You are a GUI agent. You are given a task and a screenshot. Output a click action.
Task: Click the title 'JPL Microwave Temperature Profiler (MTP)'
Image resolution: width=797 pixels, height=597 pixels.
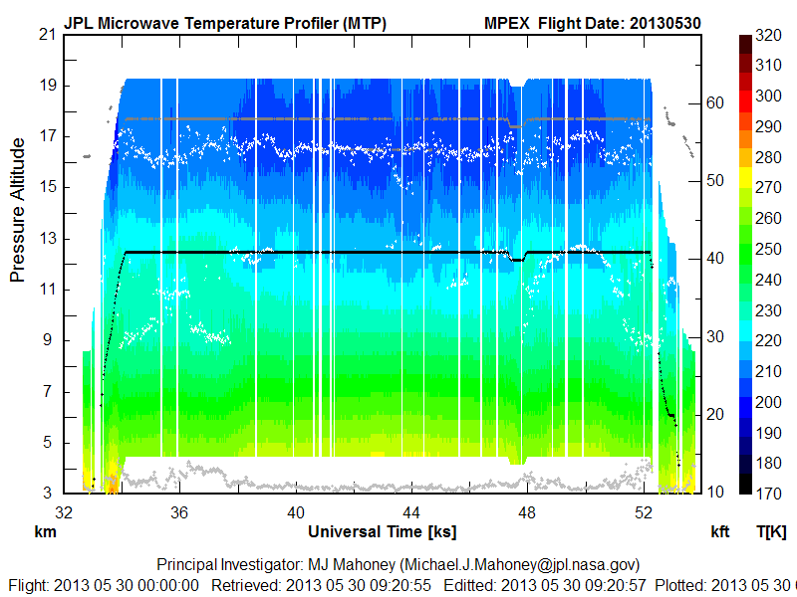coord(225,22)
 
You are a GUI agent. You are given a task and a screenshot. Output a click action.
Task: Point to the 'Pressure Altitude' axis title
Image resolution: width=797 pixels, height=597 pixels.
coord(18,210)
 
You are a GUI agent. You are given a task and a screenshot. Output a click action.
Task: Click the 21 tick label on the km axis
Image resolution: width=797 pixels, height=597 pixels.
coord(46,34)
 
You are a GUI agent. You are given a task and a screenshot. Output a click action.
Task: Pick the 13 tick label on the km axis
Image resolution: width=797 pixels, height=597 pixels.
coord(46,239)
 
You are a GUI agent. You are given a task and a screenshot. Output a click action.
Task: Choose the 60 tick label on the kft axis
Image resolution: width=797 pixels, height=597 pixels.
coord(715,101)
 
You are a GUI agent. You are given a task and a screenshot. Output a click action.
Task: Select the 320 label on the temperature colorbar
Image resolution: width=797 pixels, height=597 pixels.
coord(767,34)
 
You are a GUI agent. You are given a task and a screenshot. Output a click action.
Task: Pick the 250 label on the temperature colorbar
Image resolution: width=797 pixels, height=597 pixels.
coord(767,250)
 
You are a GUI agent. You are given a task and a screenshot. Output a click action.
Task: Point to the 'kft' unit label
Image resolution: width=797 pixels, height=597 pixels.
coord(720,531)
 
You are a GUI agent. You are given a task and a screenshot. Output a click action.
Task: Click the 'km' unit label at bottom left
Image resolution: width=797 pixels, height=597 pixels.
coord(45,531)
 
